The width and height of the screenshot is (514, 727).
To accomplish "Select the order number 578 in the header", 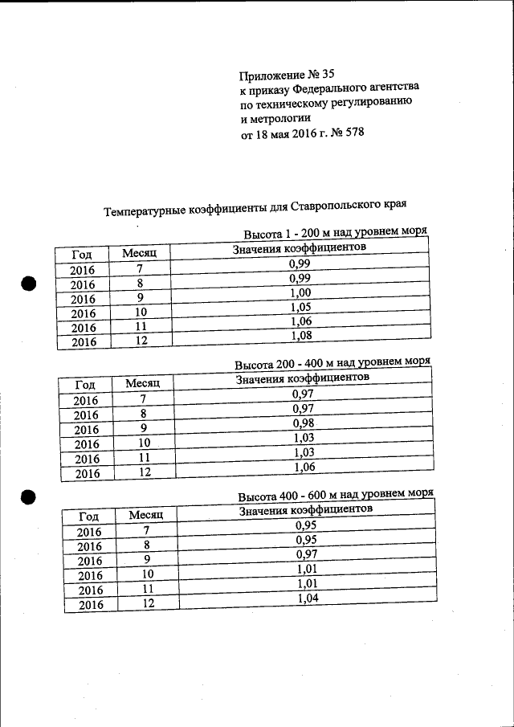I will coord(354,133).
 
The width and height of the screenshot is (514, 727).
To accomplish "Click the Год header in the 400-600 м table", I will coord(88,517).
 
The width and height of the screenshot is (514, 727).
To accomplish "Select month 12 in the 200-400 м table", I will coord(144,472).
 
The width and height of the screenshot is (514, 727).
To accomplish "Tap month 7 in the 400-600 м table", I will coord(146,530).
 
